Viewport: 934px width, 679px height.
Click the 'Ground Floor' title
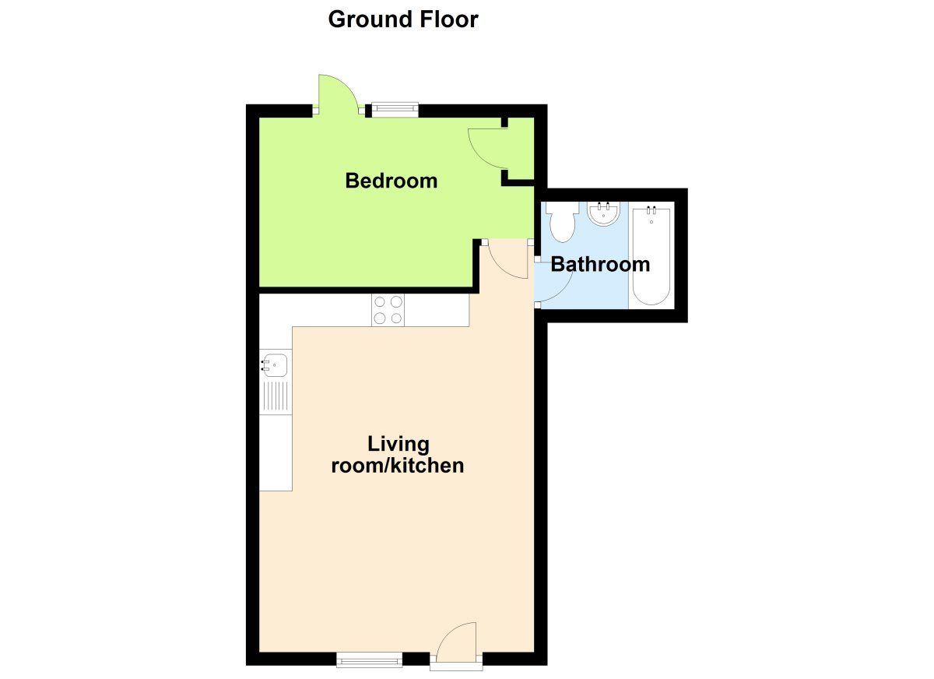pos(402,19)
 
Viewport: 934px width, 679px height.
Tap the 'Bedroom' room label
pos(392,181)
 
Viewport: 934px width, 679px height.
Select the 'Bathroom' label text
pos(600,264)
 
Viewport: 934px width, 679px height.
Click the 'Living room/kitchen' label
pos(398,455)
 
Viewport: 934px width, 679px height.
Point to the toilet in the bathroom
pos(560,221)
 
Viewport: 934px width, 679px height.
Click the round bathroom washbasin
pos(603,213)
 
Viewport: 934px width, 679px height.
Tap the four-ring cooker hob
pos(388,310)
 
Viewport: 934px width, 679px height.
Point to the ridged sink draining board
pos(275,396)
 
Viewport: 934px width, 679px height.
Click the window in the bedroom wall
pos(394,110)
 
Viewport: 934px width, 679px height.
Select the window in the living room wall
pos(370,660)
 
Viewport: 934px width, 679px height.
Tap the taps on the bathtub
pos(651,210)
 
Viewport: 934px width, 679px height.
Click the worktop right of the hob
pos(437,310)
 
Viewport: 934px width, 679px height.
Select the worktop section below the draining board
pos(275,452)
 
